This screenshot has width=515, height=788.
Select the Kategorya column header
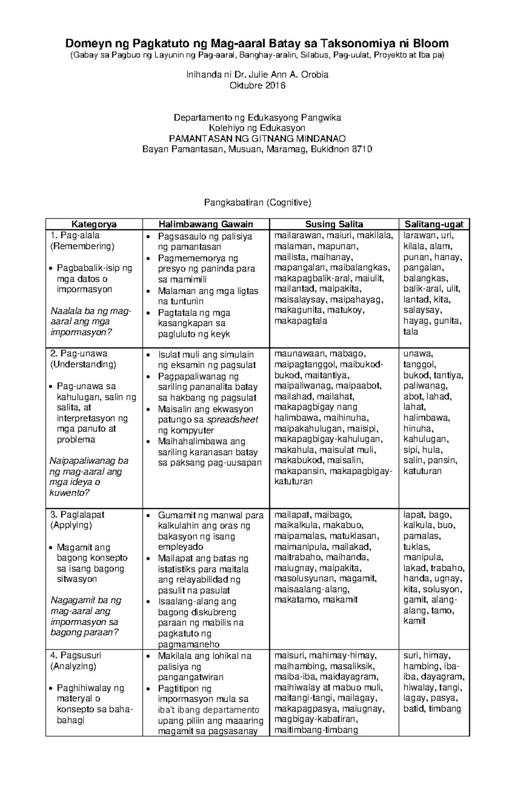tap(94, 224)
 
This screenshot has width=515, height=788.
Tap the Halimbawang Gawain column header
tap(206, 224)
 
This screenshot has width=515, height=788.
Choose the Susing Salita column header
tap(334, 224)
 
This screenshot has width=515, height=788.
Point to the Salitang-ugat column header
tap(434, 224)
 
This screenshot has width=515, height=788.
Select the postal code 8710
tap(361, 149)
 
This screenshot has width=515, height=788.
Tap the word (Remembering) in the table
tap(82, 246)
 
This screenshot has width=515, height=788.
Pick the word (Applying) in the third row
tap(71, 525)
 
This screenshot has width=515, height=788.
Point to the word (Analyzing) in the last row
tap(73, 666)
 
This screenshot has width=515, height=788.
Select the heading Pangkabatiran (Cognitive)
tap(257, 203)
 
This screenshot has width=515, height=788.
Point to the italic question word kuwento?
tap(70, 493)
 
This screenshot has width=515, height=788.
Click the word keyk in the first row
tap(221, 334)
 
